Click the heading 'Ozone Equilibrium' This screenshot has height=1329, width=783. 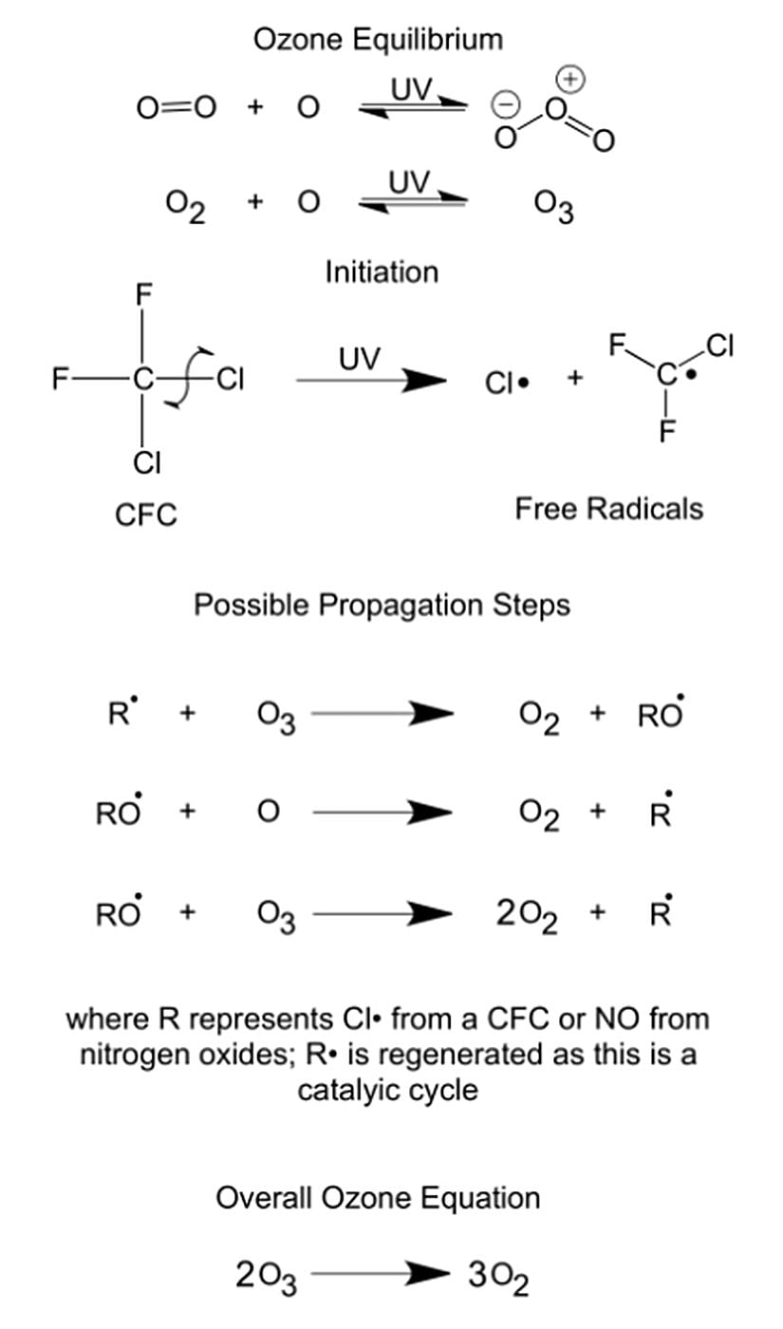(x=378, y=39)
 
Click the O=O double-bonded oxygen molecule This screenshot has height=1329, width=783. (x=177, y=107)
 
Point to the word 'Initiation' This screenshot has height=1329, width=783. (x=382, y=272)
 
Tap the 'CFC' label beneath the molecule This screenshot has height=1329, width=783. (x=145, y=515)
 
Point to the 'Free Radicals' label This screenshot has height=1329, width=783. (x=608, y=509)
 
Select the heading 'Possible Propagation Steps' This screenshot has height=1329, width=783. (x=382, y=605)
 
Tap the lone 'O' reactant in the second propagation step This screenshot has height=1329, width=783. (x=269, y=813)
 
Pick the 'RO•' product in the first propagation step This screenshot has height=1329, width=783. (x=661, y=713)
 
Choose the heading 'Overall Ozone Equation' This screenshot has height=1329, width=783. (x=378, y=1198)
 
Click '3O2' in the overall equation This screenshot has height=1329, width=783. (x=498, y=1278)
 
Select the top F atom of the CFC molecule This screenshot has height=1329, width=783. (x=142, y=294)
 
